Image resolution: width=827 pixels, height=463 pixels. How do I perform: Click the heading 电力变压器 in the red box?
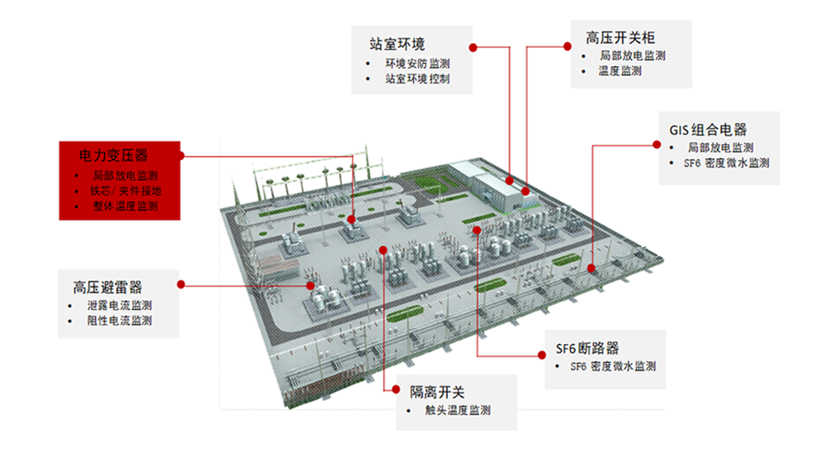(x=113, y=155)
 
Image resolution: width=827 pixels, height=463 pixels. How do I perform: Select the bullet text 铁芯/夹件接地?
(x=126, y=190)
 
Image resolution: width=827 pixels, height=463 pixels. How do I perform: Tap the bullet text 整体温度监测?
(x=126, y=206)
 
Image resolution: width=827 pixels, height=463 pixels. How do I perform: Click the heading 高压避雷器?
(x=108, y=287)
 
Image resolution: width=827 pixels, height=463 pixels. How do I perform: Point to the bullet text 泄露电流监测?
(x=119, y=305)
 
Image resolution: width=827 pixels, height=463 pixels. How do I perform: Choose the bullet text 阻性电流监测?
(x=119, y=320)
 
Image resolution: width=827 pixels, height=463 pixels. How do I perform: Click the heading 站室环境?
(x=397, y=44)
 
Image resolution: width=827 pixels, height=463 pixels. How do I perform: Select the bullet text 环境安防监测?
(x=417, y=63)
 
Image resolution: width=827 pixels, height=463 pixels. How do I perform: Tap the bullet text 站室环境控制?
(x=417, y=79)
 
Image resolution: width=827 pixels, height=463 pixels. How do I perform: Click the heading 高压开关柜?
(x=620, y=38)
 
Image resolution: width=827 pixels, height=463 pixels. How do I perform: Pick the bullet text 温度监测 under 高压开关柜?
(x=620, y=71)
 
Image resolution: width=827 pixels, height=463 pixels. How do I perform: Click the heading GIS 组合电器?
(x=708, y=129)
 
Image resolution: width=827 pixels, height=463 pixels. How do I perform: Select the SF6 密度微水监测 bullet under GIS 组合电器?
(x=726, y=163)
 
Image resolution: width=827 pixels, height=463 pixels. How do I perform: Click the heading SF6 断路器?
(x=587, y=348)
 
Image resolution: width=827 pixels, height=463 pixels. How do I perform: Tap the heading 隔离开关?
(x=437, y=392)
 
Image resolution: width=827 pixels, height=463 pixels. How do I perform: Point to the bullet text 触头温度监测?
(x=458, y=410)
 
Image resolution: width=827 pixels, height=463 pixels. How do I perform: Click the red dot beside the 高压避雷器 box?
(x=181, y=284)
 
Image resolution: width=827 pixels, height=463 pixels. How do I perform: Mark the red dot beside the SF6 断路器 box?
(x=542, y=355)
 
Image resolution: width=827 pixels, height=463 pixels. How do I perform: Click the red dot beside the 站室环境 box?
(x=473, y=47)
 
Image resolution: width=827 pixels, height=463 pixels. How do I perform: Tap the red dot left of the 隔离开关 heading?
(x=396, y=389)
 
